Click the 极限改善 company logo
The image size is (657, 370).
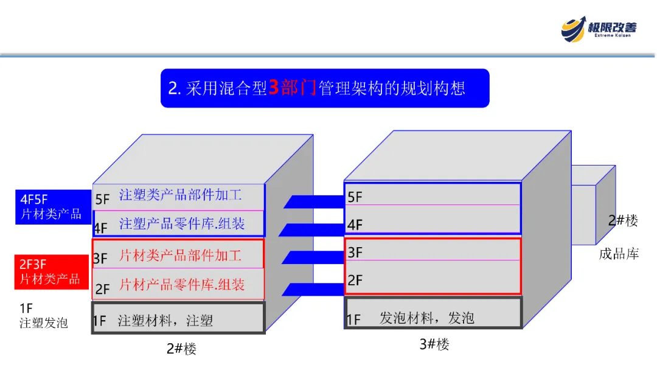[599, 28]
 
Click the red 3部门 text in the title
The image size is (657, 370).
[293, 88]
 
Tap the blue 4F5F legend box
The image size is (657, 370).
[52, 207]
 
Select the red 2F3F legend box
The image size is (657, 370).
[52, 272]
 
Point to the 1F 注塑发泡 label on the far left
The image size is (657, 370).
[43, 315]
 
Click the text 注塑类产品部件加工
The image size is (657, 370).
[181, 195]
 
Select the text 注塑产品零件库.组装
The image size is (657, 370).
[182, 224]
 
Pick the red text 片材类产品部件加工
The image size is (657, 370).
[181, 255]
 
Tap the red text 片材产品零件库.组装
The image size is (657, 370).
[182, 284]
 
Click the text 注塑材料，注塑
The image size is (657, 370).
[165, 321]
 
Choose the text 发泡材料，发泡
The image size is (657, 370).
[427, 318]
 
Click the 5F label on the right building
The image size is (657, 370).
[355, 197]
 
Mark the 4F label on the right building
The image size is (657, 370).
[355, 225]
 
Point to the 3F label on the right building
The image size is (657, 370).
[355, 253]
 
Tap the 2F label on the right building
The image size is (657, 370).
[355, 281]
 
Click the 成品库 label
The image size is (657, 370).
[619, 254]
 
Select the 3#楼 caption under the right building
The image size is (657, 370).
[434, 344]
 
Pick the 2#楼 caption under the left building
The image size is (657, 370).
[181, 349]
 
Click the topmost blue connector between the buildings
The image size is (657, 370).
[314, 201]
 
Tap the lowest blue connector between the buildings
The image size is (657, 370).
[314, 289]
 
